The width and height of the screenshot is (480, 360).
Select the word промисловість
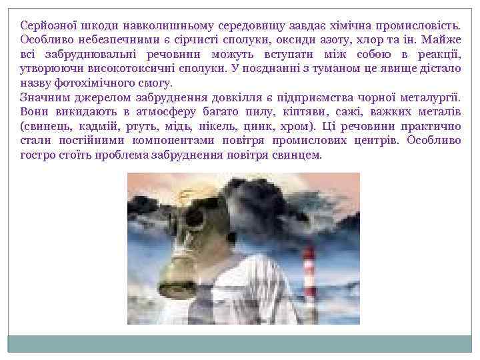point(420,25)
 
